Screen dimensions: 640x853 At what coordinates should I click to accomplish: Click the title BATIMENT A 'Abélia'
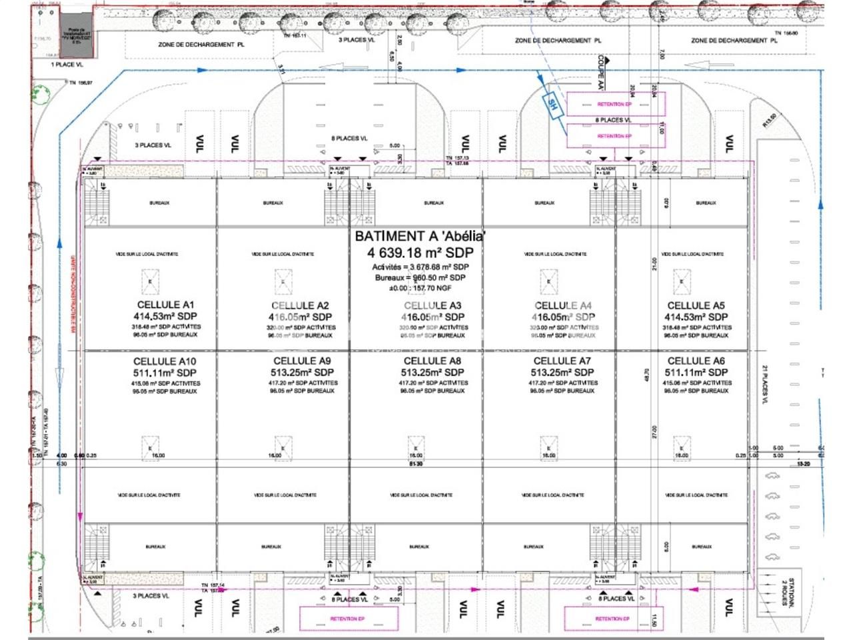420,236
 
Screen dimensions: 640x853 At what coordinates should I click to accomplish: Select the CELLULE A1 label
165,305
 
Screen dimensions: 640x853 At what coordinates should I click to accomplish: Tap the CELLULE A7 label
562,361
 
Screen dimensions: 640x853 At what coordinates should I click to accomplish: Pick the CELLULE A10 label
165,361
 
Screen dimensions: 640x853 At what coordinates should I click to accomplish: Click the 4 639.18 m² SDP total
420,253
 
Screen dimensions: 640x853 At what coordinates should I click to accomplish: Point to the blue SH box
552,103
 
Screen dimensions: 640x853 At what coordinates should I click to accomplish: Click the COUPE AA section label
600,72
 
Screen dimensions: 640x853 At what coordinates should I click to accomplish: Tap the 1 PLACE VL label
67,65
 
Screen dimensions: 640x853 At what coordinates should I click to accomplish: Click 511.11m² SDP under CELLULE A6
696,373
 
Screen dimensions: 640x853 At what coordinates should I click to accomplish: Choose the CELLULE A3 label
432,305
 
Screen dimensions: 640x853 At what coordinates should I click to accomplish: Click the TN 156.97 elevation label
81,83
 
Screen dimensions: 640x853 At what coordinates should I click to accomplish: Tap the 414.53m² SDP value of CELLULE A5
696,317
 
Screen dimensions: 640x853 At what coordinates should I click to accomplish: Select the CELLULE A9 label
302,361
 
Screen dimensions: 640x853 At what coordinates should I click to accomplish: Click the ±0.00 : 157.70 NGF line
420,288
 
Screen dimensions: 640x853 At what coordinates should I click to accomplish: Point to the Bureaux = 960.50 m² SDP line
420,277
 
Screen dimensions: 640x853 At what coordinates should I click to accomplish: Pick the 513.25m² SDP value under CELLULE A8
432,373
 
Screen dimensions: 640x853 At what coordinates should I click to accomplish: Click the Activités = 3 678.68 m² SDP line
420,267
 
